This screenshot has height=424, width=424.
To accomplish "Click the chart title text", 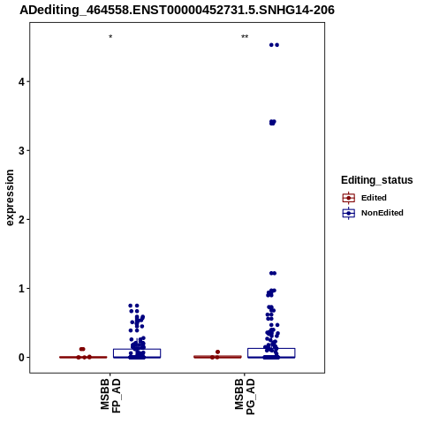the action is [x=177, y=11].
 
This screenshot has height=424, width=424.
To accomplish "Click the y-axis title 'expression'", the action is [x=10, y=198].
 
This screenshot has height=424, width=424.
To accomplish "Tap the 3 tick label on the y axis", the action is [x=22, y=150].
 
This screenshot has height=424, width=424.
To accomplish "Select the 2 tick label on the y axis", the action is [x=22, y=219].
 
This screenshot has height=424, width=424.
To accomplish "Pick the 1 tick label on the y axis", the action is [x=22, y=288].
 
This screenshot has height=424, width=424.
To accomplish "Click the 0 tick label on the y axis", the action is [x=22, y=357].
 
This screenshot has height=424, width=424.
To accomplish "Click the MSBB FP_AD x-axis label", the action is [x=110, y=396].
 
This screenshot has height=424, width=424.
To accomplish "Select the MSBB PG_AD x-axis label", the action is [x=245, y=397].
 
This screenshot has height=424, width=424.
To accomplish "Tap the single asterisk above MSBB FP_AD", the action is [x=110, y=37].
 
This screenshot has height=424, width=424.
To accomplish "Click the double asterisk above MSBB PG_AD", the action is [x=245, y=37].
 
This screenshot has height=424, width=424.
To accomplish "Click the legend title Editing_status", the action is [x=377, y=180].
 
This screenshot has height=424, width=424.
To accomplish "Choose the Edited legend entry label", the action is [x=374, y=198].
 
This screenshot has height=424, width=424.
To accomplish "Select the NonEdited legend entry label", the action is [x=382, y=213].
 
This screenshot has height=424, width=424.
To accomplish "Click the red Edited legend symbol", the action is [x=349, y=198].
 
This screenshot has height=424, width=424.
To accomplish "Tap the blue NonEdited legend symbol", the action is [x=349, y=213].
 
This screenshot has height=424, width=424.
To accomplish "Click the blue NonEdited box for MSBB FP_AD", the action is [x=137, y=349].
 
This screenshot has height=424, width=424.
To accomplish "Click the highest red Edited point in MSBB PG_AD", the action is [x=217, y=352].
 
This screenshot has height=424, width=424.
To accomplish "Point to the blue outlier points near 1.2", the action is [x=273, y=273].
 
